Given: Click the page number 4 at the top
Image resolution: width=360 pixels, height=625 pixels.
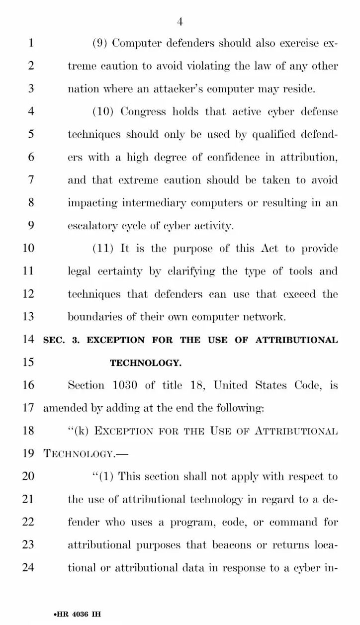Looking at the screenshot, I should (180, 21).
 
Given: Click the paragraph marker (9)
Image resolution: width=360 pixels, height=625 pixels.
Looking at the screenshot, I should (101, 43).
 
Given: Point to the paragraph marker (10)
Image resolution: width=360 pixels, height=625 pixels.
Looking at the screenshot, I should (104, 111).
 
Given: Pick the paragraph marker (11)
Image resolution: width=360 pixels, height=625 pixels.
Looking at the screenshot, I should (103, 249).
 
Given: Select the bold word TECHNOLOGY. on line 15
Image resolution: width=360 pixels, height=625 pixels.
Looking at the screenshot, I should (145, 363).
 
